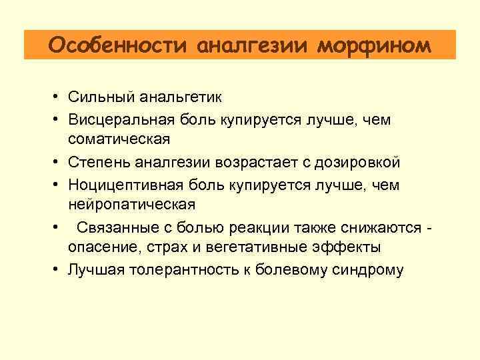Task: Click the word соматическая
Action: pyautogui.click(x=119, y=139)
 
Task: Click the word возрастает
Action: pyautogui.click(x=257, y=162)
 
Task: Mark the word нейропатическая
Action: pyautogui.click(x=131, y=204)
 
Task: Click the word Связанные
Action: pyautogui.click(x=113, y=227)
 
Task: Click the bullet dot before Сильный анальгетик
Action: pyautogui.click(x=59, y=98)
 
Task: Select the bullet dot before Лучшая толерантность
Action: pyautogui.click(x=59, y=270)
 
